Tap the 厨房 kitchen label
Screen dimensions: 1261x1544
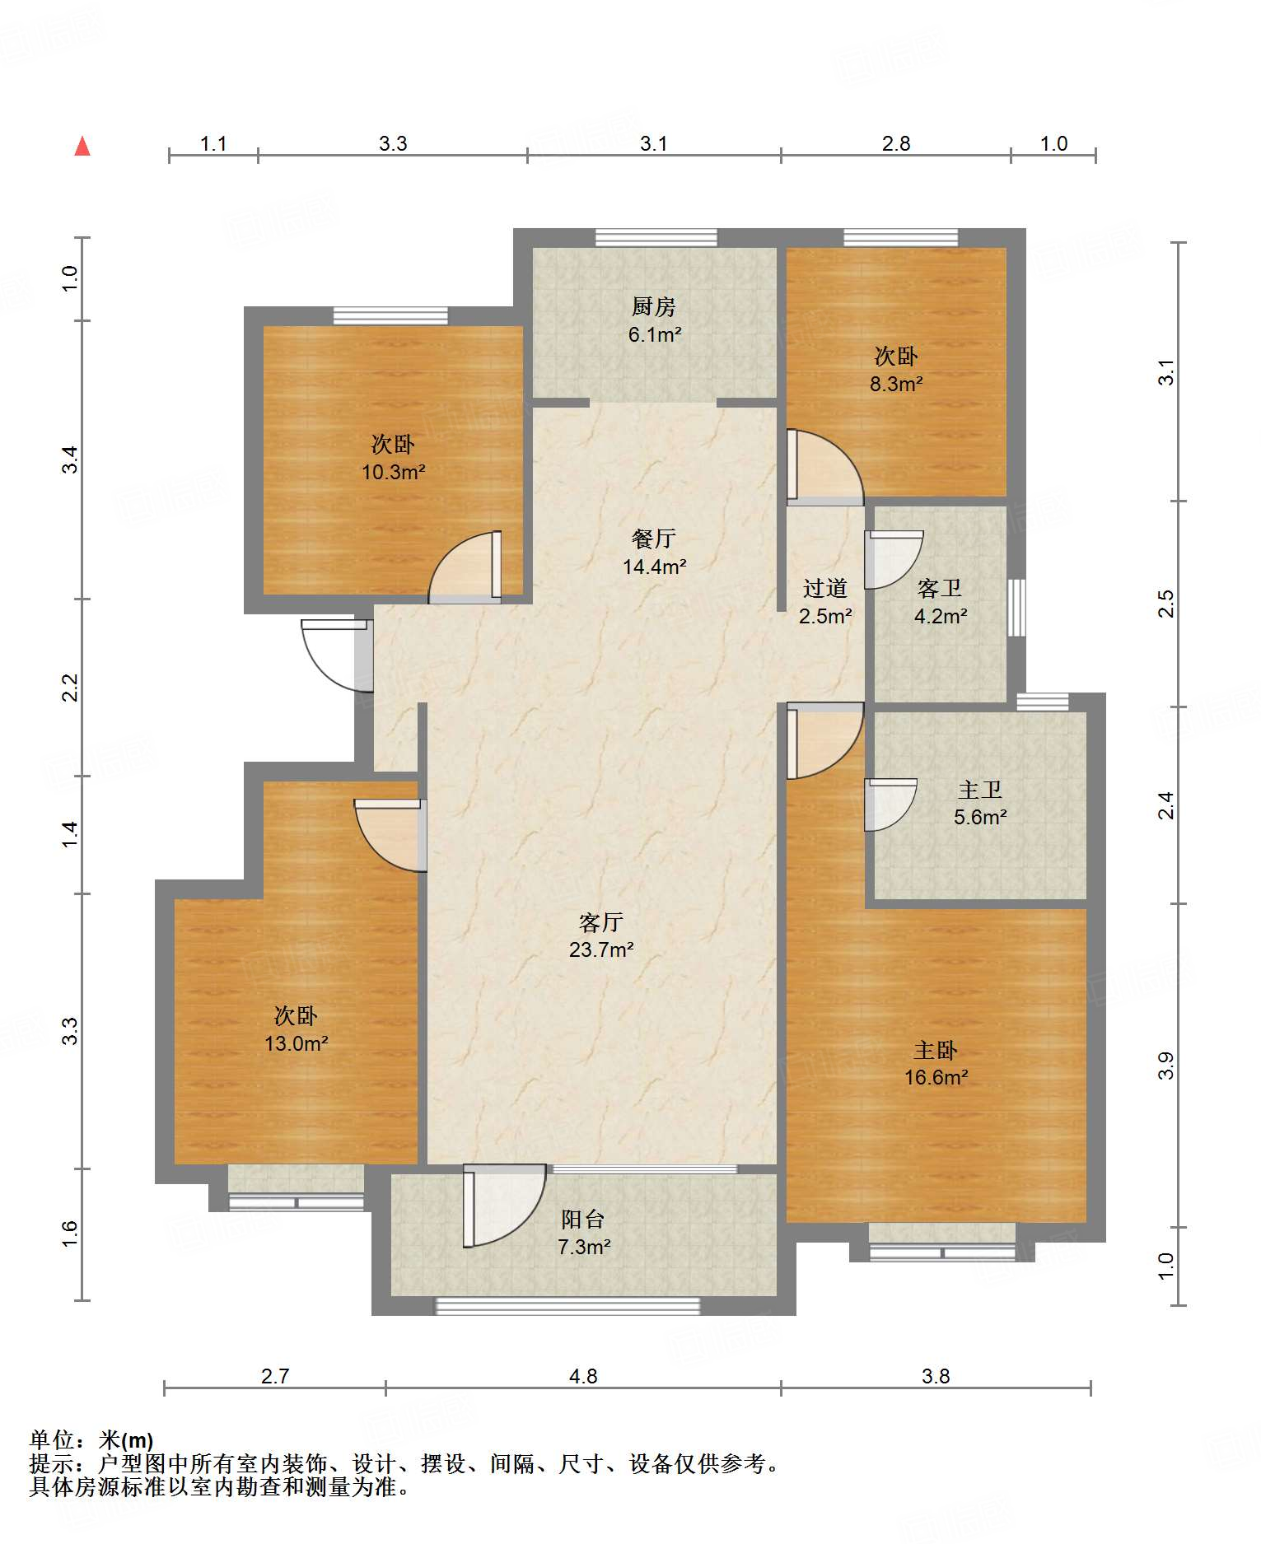(x=654, y=307)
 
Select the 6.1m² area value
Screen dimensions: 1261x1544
(x=655, y=335)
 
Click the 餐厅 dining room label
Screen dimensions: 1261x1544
(x=654, y=539)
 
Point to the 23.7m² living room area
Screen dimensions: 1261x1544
(x=601, y=949)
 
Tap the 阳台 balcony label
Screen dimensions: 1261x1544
(x=583, y=1219)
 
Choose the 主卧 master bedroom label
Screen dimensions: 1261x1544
(x=936, y=1050)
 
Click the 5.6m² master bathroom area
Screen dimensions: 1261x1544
(x=981, y=817)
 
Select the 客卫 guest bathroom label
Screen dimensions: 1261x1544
(x=940, y=588)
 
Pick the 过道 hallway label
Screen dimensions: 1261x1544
(x=825, y=588)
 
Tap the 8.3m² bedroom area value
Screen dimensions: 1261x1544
(x=896, y=384)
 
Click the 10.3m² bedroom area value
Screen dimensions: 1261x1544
(x=394, y=472)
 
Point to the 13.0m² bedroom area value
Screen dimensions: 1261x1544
(x=297, y=1043)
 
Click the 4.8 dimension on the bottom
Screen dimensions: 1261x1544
(x=583, y=1376)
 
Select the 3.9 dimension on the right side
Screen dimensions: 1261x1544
(x=1165, y=1066)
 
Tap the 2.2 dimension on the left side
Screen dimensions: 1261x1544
(x=71, y=688)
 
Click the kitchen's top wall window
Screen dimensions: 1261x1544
(x=656, y=238)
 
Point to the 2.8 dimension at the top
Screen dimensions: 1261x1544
(x=896, y=143)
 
